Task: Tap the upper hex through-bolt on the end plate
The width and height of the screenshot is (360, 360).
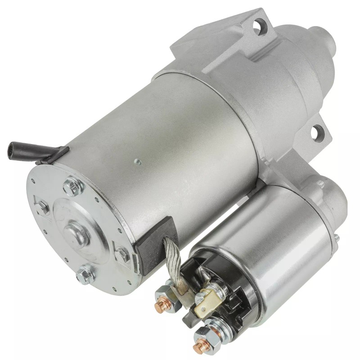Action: pyautogui.click(x=72, y=186)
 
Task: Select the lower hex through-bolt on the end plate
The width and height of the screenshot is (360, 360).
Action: pyautogui.click(x=85, y=274)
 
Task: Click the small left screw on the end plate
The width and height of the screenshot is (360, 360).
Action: pyautogui.click(x=42, y=207)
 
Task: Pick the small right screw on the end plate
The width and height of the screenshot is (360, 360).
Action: pyautogui.click(x=121, y=255)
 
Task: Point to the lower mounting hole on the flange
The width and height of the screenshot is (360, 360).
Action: pyautogui.click(x=318, y=131)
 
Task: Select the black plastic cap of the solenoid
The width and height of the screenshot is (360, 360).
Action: pyautogui.click(x=225, y=288)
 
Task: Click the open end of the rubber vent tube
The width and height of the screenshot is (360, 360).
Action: pyautogui.click(x=11, y=149)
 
